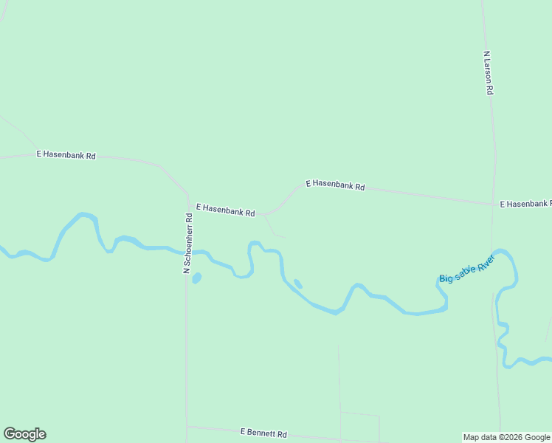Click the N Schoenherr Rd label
point(187,244)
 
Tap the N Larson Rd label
point(488,72)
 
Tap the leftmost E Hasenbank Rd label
point(66,155)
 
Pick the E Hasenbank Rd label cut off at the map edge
point(525,203)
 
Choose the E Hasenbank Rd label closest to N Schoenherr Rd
point(224,210)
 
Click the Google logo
point(24,434)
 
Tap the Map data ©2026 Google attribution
point(506,437)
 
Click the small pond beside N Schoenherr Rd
point(196,278)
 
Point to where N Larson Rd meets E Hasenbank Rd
point(494,203)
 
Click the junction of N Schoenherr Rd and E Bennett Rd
point(187,427)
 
